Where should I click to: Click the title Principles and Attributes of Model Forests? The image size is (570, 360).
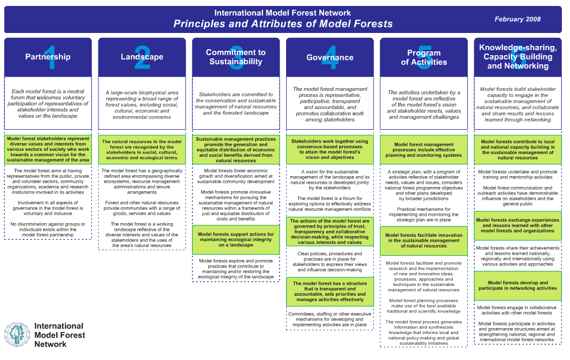[283, 24]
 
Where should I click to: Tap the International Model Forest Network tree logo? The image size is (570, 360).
[18, 335]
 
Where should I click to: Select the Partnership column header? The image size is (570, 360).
[48, 57]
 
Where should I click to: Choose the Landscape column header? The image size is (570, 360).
[142, 57]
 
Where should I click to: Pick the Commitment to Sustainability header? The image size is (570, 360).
[236, 57]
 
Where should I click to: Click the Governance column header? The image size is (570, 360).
[330, 57]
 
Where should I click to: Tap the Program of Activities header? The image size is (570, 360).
[424, 57]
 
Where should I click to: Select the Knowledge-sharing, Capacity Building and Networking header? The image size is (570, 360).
[518, 57]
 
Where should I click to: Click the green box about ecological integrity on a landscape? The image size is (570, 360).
[236, 240]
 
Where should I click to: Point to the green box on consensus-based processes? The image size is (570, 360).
[330, 149]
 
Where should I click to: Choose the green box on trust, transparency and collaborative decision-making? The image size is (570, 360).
[330, 231]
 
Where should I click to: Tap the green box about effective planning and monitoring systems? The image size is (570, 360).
[424, 150]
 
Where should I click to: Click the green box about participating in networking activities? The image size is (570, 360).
[518, 285]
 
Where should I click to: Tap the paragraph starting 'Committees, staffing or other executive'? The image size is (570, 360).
[330, 319]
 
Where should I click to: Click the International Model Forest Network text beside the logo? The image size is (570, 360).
[58, 335]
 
